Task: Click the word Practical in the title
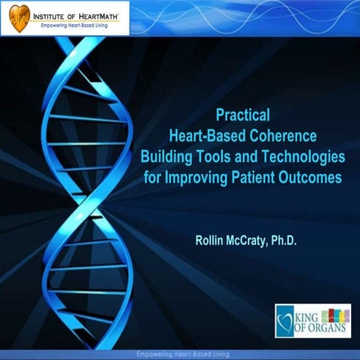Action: (242, 115)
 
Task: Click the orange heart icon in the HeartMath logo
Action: (16, 16)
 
